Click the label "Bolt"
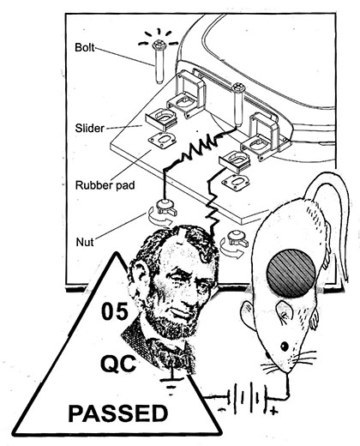click(84, 47)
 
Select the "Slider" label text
click(90, 128)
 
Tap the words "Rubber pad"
click(105, 185)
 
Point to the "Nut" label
click(85, 242)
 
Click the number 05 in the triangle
click(115, 311)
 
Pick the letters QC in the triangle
click(118, 364)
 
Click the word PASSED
click(118, 413)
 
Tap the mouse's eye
click(285, 347)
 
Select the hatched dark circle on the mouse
click(291, 273)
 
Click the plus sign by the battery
click(273, 412)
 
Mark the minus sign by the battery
click(222, 409)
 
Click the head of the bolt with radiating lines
click(158, 45)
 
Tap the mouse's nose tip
click(287, 373)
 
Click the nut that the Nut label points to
click(165, 208)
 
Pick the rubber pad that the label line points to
click(162, 141)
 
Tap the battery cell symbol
click(248, 398)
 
